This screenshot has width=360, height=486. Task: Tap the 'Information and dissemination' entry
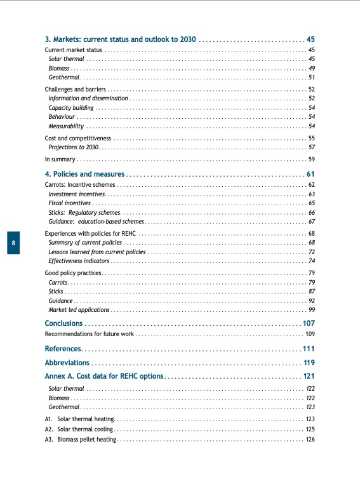point(88,98)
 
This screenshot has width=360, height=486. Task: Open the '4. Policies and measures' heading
point(85,173)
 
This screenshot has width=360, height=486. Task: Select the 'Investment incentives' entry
point(76,194)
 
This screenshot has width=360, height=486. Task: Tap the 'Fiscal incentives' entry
point(69,203)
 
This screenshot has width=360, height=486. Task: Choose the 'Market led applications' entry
point(79,309)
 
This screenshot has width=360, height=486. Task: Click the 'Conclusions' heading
point(63,323)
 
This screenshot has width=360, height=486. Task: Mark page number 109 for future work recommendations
point(310,334)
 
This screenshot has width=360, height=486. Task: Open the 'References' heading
point(63,349)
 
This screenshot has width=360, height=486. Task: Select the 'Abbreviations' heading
point(67,363)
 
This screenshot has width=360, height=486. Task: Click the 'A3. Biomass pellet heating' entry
point(80,440)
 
